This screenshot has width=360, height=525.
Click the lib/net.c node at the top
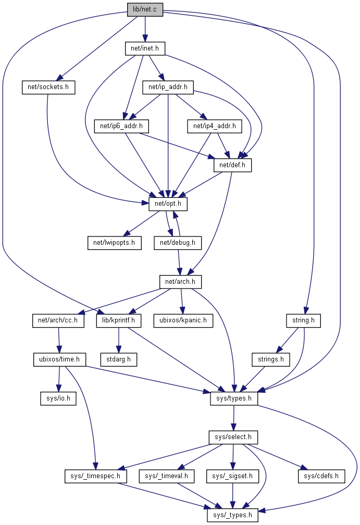pos(145,10)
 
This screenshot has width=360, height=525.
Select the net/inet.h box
pos(145,48)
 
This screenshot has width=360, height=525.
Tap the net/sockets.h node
pos(48,87)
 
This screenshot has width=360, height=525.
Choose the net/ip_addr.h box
pos(168,87)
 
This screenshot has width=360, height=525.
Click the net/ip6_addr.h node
pos(121,126)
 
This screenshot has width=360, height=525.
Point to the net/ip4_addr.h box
pos(214,126)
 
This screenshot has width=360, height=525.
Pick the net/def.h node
pos(232,165)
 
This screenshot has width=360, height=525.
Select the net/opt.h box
pos(168,204)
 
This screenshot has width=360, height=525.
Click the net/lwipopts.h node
pos(114,242)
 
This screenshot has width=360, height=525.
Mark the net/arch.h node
pos(180,282)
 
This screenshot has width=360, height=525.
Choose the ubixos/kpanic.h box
pos(183,320)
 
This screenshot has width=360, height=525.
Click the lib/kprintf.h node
pos(119,320)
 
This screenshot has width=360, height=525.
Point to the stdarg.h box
pos(118,359)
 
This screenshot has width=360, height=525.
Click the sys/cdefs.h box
pos(321,476)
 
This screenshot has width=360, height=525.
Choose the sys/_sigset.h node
pos(233,476)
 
